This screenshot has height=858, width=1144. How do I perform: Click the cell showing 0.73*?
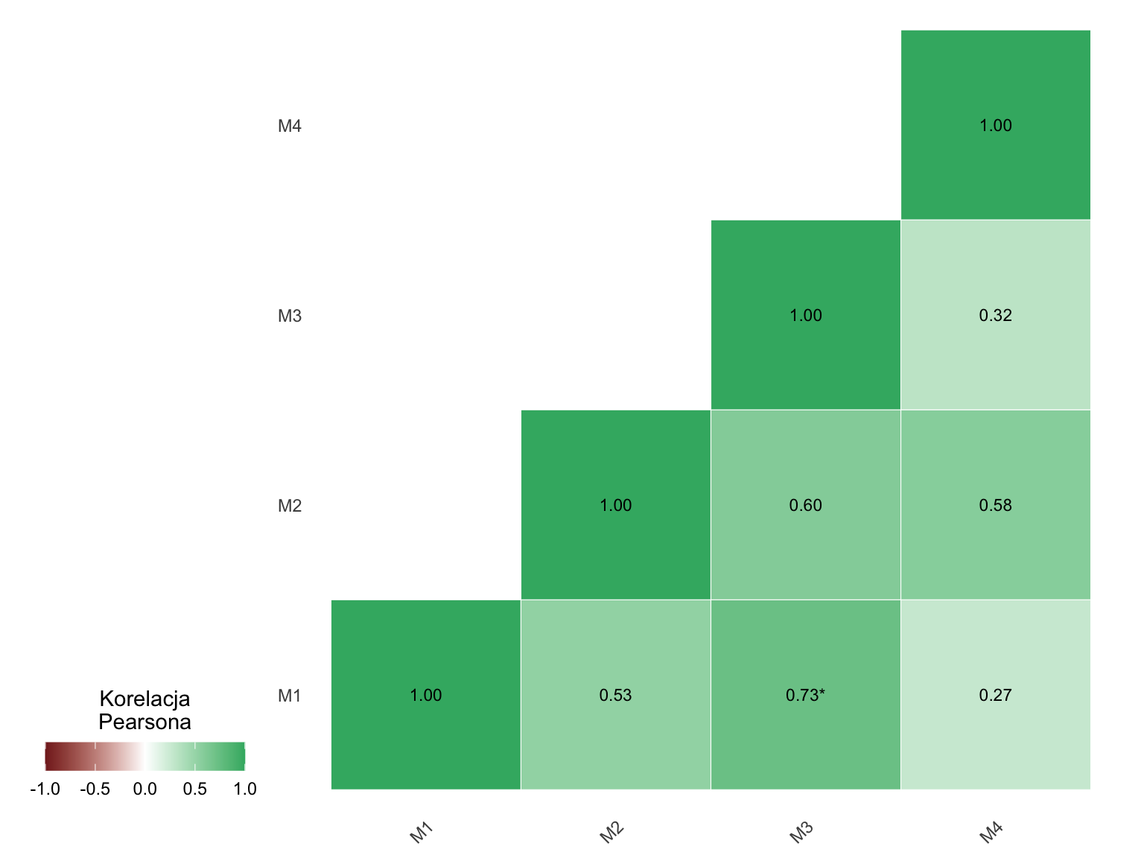point(805,694)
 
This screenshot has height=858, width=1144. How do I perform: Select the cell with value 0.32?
point(995,314)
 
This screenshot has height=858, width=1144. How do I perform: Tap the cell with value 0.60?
point(805,505)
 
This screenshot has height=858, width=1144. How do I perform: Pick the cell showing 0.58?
point(995,505)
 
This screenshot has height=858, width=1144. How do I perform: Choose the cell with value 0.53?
point(615,694)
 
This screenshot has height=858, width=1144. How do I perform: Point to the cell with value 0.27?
point(995,694)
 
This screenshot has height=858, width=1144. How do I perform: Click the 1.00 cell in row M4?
point(995,125)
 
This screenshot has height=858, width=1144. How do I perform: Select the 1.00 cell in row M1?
point(426,694)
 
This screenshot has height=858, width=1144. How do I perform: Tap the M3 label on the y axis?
point(289,316)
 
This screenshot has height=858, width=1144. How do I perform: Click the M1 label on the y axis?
point(289,696)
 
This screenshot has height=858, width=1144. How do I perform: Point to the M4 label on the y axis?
point(289,126)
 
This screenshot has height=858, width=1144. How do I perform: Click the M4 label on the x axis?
point(991,832)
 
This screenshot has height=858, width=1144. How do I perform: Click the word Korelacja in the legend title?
point(144,699)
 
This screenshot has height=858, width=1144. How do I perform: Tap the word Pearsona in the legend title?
point(144,722)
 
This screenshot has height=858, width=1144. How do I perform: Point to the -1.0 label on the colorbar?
point(45,789)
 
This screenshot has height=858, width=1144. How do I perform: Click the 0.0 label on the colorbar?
point(144,789)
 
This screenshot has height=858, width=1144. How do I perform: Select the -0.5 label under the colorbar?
point(95,789)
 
